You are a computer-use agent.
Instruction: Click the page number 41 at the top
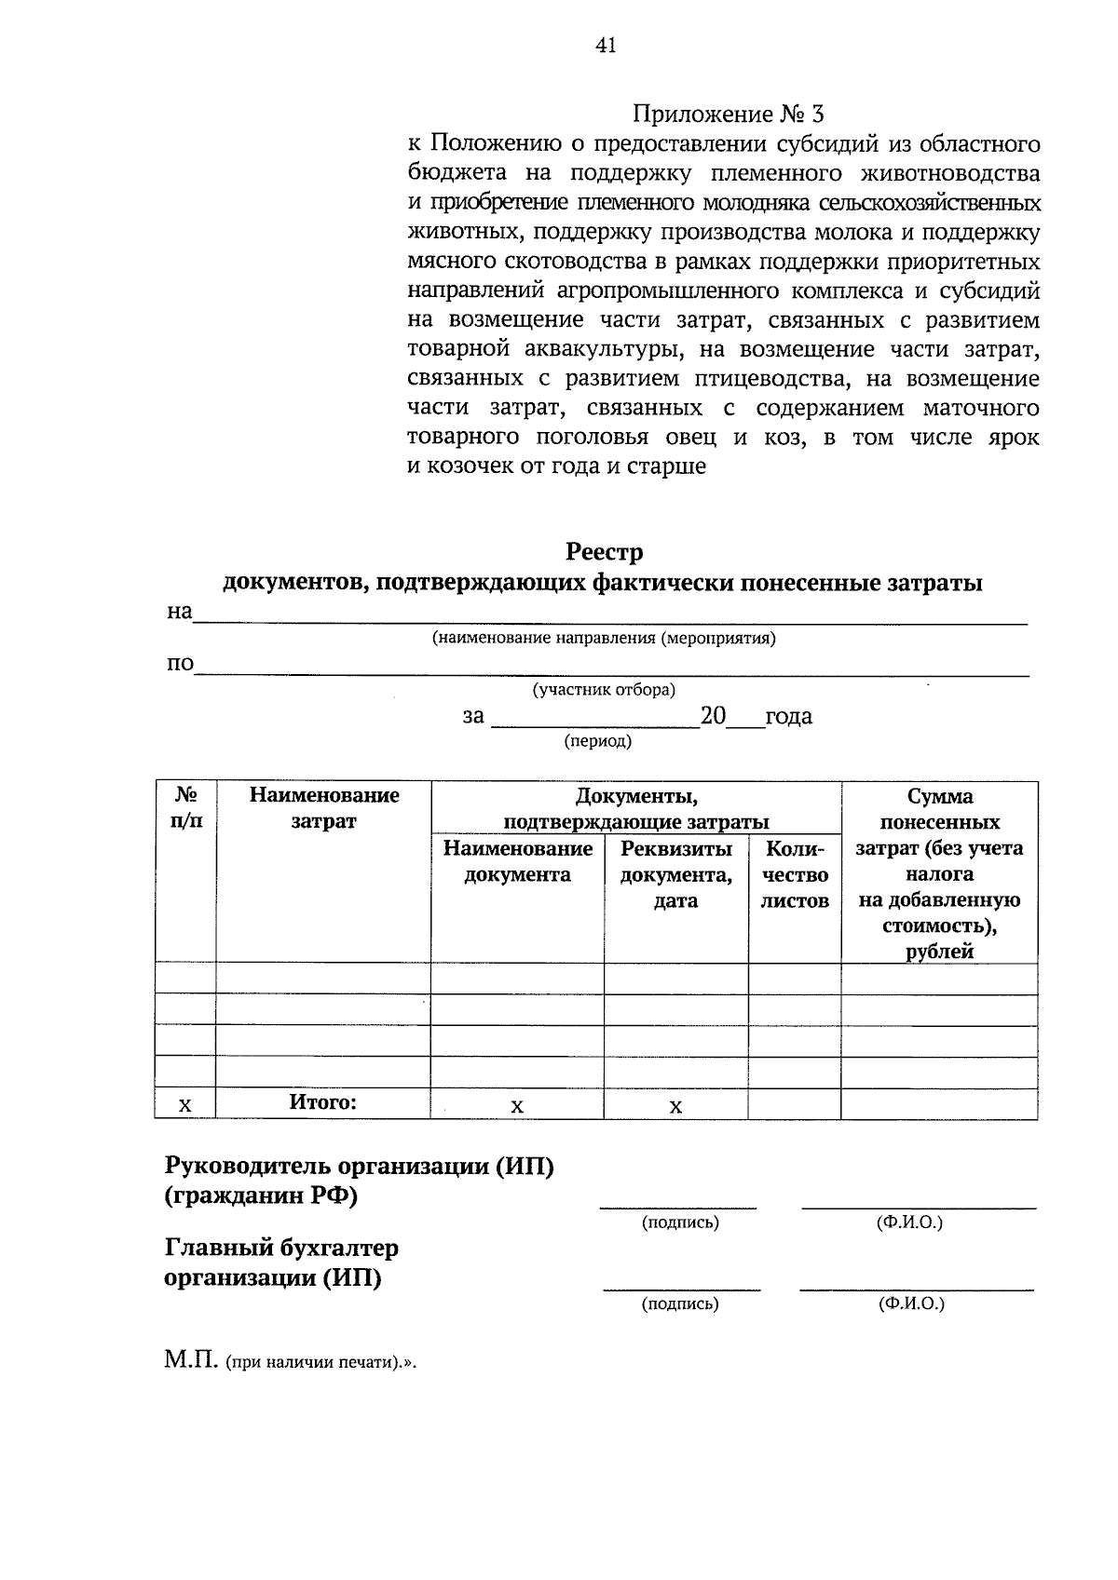[606, 46]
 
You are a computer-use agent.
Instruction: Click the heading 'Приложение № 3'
[728, 115]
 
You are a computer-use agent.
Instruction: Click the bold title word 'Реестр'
[604, 552]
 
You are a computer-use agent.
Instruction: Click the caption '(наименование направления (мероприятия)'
[603, 639]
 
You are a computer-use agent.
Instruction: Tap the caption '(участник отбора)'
[603, 690]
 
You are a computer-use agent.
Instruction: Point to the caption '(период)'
[597, 741]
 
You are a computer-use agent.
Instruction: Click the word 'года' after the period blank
[788, 716]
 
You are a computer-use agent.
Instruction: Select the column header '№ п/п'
[184, 808]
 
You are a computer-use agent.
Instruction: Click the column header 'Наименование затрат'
[323, 808]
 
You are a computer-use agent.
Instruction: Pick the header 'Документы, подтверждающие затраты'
[635, 808]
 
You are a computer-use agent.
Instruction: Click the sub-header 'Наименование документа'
[517, 861]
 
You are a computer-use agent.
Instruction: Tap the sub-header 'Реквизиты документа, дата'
[675, 874]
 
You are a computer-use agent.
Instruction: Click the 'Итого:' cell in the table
[322, 1102]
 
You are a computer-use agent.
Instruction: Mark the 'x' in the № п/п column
[184, 1105]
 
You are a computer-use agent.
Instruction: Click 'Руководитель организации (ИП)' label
[359, 1167]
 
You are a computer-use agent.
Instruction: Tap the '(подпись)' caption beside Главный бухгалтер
[680, 1304]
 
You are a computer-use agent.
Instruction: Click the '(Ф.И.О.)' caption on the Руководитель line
[909, 1222]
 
